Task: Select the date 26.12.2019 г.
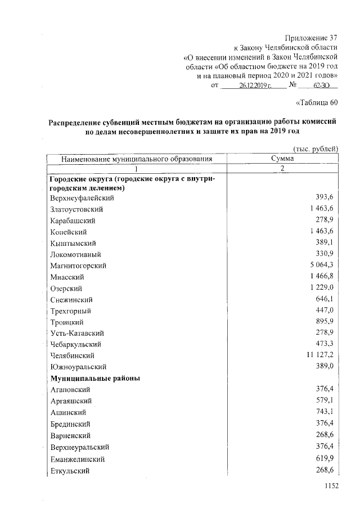tap(255, 85)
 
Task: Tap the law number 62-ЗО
tap(321, 85)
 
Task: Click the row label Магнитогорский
tap(78, 265)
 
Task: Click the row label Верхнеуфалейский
tap(82, 198)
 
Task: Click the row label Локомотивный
tap(76, 254)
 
